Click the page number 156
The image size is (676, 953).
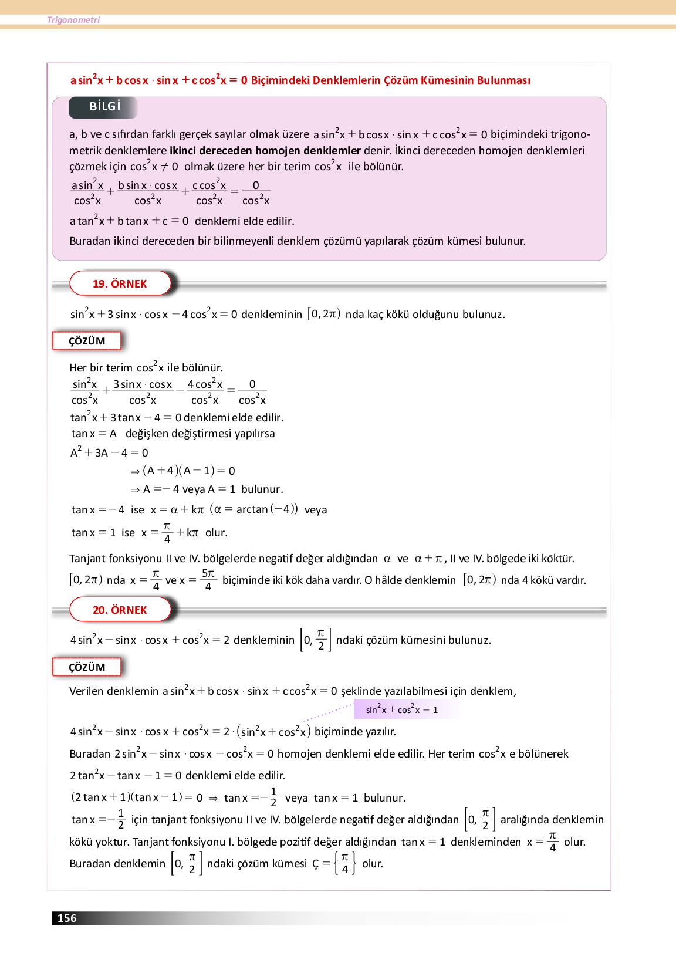click(x=67, y=918)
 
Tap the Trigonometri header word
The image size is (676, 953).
click(x=73, y=20)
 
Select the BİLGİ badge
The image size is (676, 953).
click(x=104, y=107)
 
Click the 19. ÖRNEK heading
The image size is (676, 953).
click(x=120, y=283)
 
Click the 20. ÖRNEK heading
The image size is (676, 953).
click(x=120, y=610)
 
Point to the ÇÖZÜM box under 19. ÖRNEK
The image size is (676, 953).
click(x=87, y=341)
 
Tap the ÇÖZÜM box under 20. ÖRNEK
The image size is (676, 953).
click(x=87, y=667)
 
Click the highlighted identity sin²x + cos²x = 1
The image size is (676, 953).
click(x=402, y=709)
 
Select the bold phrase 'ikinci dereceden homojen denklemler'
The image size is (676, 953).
click(x=265, y=150)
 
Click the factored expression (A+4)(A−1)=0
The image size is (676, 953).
click(x=188, y=471)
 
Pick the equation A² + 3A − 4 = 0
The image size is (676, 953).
click(x=109, y=452)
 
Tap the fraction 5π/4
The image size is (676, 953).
click(x=208, y=580)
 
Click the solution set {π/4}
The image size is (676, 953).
click(x=345, y=863)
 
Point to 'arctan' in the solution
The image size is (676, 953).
click(x=252, y=509)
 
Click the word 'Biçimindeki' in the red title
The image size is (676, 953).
click(x=280, y=80)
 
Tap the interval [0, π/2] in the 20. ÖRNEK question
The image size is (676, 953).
click(x=316, y=640)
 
